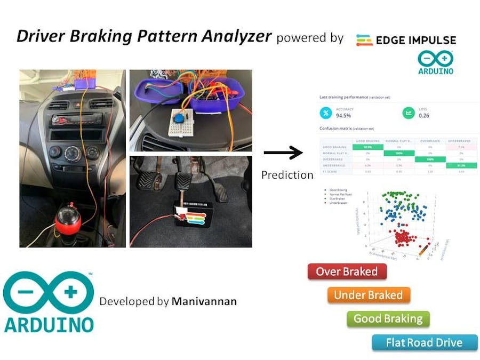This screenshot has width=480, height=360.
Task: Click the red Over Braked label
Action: pyautogui.click(x=347, y=272)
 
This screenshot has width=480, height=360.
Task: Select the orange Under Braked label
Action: pyautogui.click(x=368, y=295)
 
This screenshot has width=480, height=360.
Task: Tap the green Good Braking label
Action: pyautogui.click(x=388, y=319)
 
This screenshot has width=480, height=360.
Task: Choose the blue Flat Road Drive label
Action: pyautogui.click(x=424, y=342)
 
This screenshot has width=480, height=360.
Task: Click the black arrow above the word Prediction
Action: pyautogui.click(x=283, y=154)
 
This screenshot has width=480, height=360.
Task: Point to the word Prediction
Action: pyautogui.click(x=287, y=175)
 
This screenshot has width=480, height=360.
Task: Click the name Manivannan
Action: pyautogui.click(x=204, y=301)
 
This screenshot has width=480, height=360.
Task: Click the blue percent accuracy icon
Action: pyautogui.click(x=325, y=113)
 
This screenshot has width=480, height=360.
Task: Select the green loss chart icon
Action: pyautogui.click(x=407, y=113)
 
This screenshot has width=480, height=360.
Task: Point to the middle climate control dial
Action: pyautogui.click(x=71, y=155)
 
